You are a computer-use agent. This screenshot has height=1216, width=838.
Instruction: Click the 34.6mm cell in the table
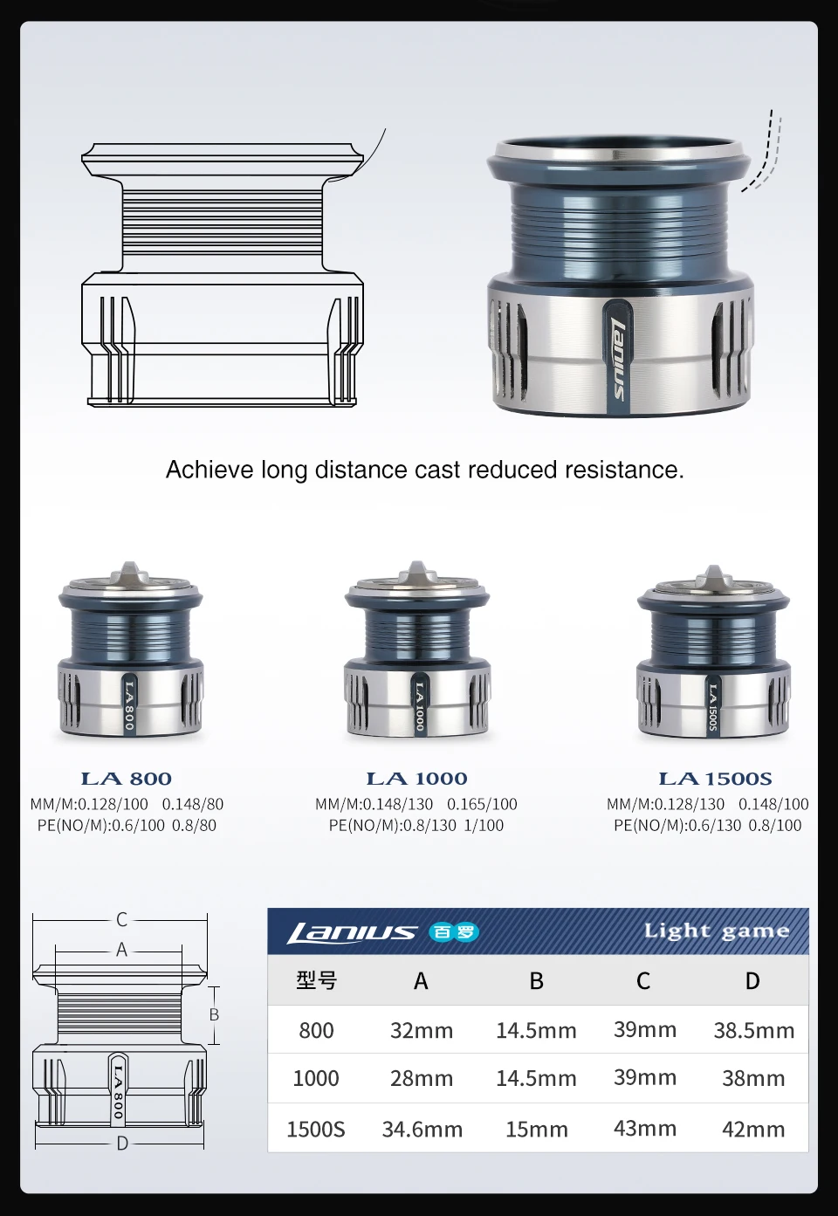click(422, 1130)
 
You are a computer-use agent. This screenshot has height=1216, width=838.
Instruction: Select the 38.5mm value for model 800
click(754, 1031)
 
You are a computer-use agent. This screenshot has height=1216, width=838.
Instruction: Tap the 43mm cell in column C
click(645, 1129)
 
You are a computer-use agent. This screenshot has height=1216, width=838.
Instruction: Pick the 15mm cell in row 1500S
click(536, 1130)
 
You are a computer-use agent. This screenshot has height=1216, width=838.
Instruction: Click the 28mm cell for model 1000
click(422, 1079)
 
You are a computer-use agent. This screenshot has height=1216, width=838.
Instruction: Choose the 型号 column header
click(316, 980)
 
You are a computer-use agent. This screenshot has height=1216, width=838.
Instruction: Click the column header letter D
click(752, 981)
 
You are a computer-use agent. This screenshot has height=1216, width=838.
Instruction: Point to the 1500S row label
click(316, 1130)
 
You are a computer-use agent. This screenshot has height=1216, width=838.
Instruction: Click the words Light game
click(717, 931)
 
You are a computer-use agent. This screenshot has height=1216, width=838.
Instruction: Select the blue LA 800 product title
click(126, 779)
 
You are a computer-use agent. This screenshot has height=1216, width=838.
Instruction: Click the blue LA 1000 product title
click(417, 779)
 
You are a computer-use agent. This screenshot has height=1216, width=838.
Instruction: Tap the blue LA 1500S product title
click(715, 779)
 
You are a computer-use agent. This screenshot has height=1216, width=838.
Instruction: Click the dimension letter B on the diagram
click(214, 1014)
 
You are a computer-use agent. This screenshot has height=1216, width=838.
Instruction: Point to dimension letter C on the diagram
click(121, 919)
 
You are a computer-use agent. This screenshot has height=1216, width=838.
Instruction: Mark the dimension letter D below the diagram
click(122, 1144)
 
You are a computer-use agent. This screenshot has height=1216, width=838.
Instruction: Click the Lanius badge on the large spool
click(616, 357)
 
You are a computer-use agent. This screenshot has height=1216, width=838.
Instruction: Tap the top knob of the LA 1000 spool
click(416, 574)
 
